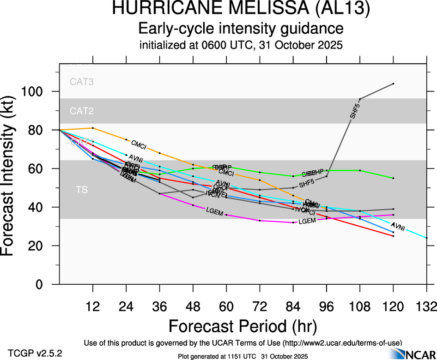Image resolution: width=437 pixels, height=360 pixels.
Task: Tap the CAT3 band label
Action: pos(82,82)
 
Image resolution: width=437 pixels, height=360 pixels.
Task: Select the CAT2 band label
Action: pos(82,111)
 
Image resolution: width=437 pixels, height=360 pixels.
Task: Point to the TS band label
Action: pos(82,190)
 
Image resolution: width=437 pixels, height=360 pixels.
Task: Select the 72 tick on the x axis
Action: pos(260,306)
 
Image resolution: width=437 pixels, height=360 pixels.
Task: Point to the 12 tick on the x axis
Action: pos(93,306)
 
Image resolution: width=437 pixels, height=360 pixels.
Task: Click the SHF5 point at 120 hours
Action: pos(393,84)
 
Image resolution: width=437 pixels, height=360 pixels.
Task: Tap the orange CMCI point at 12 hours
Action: pos(93,128)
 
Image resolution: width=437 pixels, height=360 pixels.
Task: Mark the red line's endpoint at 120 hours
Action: pos(393,236)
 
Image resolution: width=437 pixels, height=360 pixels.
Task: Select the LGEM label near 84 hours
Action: pos(307,222)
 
